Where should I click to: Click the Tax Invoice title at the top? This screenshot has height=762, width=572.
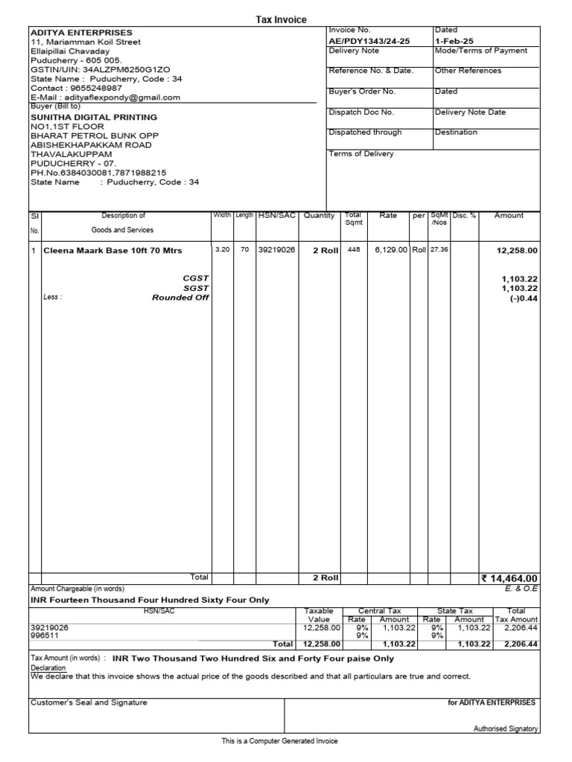click(281, 19)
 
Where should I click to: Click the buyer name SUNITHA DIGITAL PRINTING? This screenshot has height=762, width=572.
click(93, 117)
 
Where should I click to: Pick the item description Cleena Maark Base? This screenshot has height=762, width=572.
click(112, 251)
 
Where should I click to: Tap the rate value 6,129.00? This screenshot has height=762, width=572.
click(391, 250)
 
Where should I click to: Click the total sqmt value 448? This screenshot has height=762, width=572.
click(353, 250)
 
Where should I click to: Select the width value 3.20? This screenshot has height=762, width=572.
click(222, 250)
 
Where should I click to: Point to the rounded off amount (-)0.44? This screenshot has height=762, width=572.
click(523, 298)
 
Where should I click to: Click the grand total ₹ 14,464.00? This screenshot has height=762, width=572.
click(509, 577)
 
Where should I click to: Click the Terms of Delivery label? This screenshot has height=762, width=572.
click(361, 154)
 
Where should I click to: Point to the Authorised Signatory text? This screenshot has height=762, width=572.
click(506, 729)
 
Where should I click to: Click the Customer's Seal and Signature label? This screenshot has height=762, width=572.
click(89, 702)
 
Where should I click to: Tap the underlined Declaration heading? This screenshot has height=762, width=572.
click(48, 668)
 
